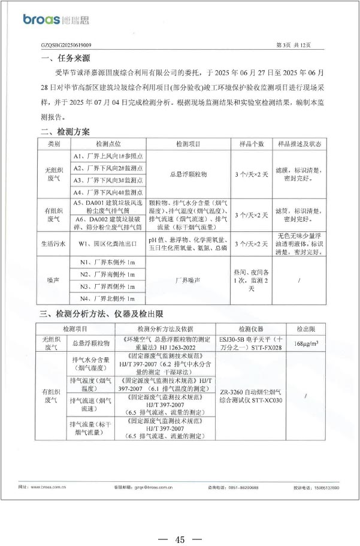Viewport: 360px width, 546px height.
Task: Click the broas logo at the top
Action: coord(56,20)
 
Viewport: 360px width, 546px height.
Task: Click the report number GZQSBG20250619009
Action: coord(66,45)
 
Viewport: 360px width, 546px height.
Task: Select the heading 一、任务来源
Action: coord(66,58)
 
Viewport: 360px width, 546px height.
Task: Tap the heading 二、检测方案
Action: coord(66,132)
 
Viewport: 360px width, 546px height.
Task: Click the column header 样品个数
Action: coord(252,144)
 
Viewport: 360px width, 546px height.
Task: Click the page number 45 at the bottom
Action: coord(179,523)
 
